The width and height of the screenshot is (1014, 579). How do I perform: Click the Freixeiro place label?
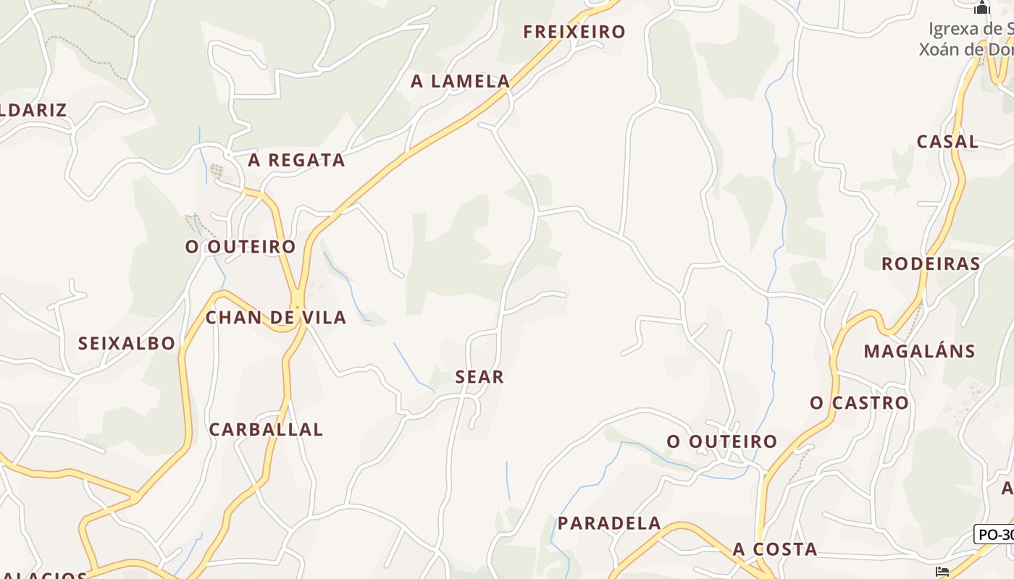574,32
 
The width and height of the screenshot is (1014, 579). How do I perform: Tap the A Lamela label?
461,82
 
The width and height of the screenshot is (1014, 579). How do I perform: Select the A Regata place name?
296,161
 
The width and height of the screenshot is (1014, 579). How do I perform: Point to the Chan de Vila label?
276,317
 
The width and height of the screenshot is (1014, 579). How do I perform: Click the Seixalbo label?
127,343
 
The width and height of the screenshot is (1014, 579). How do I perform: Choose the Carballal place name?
266,429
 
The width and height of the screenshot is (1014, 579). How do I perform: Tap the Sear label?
479,376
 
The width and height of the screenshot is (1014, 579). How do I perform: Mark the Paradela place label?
609,523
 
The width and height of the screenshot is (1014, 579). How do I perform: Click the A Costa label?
775,549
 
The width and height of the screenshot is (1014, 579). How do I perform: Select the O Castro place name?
859,402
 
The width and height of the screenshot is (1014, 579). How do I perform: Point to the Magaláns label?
919,352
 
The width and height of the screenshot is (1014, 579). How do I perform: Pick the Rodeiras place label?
930,263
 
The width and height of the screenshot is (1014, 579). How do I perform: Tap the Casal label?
947,142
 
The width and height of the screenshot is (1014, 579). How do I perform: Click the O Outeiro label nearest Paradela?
721,441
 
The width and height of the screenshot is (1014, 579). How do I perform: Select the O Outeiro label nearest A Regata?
240,247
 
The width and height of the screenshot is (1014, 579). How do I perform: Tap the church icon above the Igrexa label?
981,8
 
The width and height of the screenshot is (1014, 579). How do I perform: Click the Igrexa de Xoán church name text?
967,39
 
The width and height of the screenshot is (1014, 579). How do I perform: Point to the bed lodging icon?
942,572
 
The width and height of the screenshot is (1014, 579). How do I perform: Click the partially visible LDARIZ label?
33,111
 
